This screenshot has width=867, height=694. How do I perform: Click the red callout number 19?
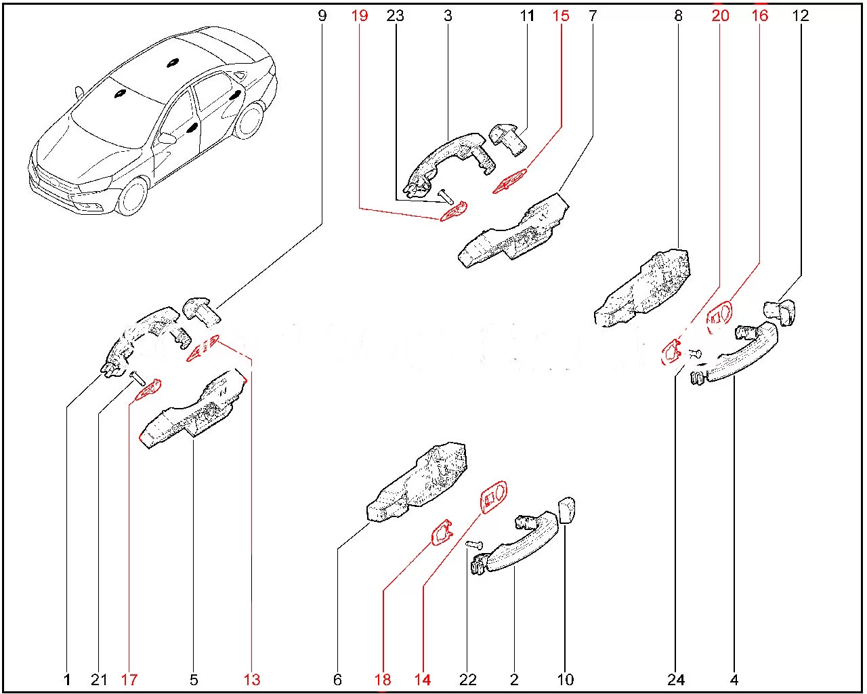pos(360,16)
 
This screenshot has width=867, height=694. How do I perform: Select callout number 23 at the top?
pos(395,16)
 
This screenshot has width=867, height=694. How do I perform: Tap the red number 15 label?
pos(560,16)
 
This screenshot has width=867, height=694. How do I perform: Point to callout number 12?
pos(800,16)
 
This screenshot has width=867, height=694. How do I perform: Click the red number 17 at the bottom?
pos(129,680)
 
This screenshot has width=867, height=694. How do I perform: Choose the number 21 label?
pos(99,680)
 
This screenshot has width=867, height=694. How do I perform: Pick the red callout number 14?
pos(423,680)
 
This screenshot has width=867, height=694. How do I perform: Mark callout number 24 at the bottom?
pos(675,680)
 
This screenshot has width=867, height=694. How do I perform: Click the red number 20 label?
pos(720,16)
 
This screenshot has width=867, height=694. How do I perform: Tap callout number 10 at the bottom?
pos(565,680)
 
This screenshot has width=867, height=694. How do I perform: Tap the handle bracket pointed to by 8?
pos(642,289)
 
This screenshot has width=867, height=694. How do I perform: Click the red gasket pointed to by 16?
pos(720,317)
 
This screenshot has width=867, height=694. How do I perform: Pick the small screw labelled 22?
pos(474,545)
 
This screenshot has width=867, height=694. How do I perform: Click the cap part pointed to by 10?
pos(567,510)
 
